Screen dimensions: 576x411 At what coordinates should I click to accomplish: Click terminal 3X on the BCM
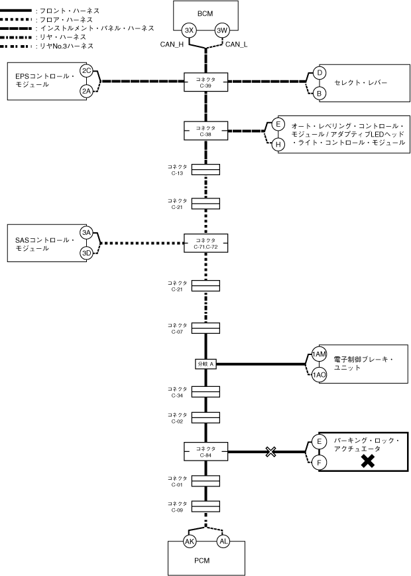189,30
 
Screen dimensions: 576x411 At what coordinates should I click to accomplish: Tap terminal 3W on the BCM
223,30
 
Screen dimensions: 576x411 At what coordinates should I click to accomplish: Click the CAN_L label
237,44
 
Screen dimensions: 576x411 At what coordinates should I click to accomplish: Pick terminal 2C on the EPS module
86,70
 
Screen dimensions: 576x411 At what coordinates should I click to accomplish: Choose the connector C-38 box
206,129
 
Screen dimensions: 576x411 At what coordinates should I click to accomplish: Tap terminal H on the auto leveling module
278,144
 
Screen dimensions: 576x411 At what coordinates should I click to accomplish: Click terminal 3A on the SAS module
86,232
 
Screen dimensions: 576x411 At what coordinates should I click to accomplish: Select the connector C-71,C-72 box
206,243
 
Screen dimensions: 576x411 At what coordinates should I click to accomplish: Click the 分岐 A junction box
206,364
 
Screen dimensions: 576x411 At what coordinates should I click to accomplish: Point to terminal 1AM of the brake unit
320,354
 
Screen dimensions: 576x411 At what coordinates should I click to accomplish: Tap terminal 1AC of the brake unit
320,375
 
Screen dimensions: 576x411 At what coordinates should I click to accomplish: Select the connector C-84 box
206,452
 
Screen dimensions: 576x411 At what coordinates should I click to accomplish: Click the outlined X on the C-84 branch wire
270,452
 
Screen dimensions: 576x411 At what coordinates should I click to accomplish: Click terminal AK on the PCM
189,541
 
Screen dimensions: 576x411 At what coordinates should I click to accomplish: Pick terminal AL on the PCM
223,541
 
